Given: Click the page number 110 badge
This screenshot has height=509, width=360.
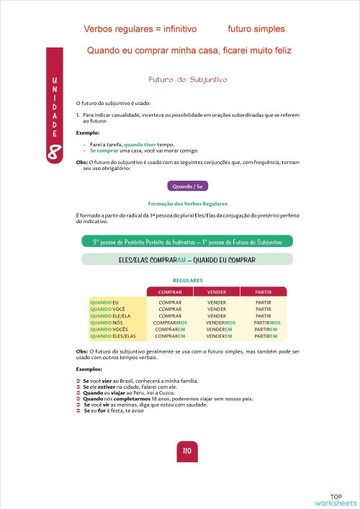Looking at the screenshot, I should click(x=186, y=451).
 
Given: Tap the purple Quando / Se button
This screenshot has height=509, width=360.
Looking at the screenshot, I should click(x=187, y=186).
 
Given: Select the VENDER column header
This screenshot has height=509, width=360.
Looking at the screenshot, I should click(x=217, y=292).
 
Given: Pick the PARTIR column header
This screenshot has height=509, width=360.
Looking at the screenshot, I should click(x=262, y=292).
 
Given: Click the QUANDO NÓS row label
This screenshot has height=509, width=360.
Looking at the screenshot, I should click(x=105, y=323).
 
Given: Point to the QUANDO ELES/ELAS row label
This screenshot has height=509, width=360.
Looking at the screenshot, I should click(x=113, y=336).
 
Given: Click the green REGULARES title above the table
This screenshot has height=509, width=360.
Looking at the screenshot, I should click(x=188, y=279).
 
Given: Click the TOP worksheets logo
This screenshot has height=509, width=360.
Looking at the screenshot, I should click(x=336, y=500).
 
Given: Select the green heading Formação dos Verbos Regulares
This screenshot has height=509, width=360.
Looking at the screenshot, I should click(x=187, y=204).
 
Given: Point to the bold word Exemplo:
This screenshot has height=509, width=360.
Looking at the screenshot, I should click(x=88, y=133).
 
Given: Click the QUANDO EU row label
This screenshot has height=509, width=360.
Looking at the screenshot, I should click(x=104, y=302).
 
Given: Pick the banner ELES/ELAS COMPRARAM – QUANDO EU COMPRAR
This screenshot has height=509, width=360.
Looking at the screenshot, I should click(x=187, y=259).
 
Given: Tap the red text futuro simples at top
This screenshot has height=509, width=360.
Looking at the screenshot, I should click(x=256, y=30).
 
